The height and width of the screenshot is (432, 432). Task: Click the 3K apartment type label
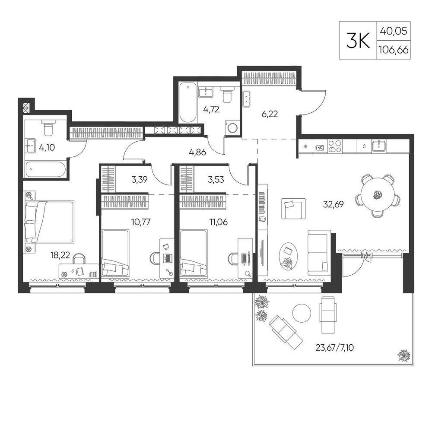point(358,40)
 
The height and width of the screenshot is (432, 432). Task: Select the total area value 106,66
point(394,50)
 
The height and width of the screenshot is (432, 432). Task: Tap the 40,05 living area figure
point(394,31)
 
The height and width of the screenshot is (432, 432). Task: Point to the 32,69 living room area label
point(334,204)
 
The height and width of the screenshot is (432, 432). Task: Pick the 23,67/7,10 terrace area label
point(334,348)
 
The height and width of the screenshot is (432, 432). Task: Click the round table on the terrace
point(302,313)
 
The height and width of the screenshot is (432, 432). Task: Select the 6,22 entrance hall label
point(270,114)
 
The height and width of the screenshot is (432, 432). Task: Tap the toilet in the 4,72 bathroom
point(227,94)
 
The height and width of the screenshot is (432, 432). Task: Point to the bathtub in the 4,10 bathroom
point(46,169)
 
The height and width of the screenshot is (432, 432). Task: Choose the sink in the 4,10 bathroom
point(31,146)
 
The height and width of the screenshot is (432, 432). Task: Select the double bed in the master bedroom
point(50,222)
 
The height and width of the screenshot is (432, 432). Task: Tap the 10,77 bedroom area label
point(141,222)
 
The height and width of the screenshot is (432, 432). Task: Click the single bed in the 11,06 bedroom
point(193,253)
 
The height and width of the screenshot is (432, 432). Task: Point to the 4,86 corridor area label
point(197,152)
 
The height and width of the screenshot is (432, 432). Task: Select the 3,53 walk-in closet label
point(216,180)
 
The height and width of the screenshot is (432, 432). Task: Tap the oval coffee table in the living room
point(289,256)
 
